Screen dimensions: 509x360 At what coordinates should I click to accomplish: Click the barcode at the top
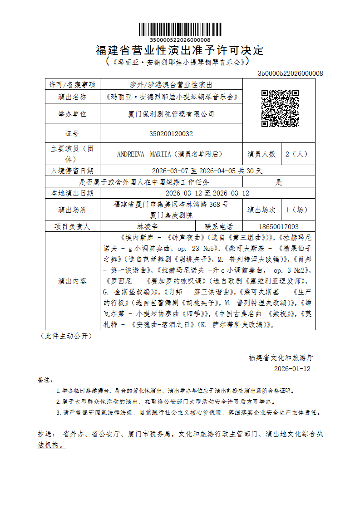pos(180,29)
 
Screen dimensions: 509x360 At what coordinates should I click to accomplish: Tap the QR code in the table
pos(280,108)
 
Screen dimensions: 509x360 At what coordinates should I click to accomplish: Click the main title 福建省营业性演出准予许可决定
pos(180,50)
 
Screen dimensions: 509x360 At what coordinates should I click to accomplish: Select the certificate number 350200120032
pos(171,134)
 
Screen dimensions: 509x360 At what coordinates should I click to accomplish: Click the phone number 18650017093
pos(279,226)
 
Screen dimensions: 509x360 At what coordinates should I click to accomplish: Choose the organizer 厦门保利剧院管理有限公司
pos(171,114)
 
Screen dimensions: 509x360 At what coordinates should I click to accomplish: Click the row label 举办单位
pos(72,114)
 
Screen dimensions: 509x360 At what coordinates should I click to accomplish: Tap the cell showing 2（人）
pos(296,154)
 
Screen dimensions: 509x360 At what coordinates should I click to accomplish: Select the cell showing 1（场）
pos(296,210)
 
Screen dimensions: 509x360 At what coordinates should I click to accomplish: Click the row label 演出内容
pos(72,281)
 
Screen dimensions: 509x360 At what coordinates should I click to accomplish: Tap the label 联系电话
pos(219,226)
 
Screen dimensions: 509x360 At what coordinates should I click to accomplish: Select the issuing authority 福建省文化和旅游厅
pos(281,357)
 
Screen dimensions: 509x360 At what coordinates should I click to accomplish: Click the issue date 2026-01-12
pos(292,369)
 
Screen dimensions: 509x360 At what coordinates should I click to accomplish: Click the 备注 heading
pos(45,380)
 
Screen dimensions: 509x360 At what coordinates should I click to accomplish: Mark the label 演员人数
pos(261,154)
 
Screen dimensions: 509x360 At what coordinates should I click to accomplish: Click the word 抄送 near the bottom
pos(45,434)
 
